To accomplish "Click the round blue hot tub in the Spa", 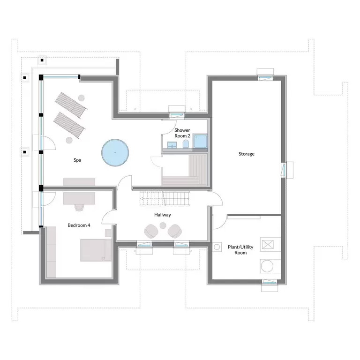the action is (x=115, y=152).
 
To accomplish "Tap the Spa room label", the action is (x=77, y=160).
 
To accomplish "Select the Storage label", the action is (x=247, y=154).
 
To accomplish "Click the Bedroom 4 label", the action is (x=79, y=225).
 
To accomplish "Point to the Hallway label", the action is (x=163, y=215).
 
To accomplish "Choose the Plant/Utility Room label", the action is (x=240, y=250).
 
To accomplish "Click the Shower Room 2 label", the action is (x=182, y=133).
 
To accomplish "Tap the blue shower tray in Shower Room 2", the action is (x=200, y=141).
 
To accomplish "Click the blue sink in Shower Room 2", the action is (x=172, y=145).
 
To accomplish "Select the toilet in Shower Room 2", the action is (x=186, y=144).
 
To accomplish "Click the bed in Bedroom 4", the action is (x=96, y=250).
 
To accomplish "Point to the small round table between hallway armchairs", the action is (x=163, y=225).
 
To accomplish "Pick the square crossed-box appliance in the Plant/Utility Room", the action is (x=268, y=245).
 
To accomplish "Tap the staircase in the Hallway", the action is (x=165, y=198).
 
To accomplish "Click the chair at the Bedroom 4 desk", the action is (x=79, y=207).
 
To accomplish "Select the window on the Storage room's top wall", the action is (x=265, y=78).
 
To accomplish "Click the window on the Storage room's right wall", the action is (x=284, y=170).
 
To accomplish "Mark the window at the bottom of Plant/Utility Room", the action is (x=270, y=282).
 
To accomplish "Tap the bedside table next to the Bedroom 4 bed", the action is (x=108, y=233).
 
